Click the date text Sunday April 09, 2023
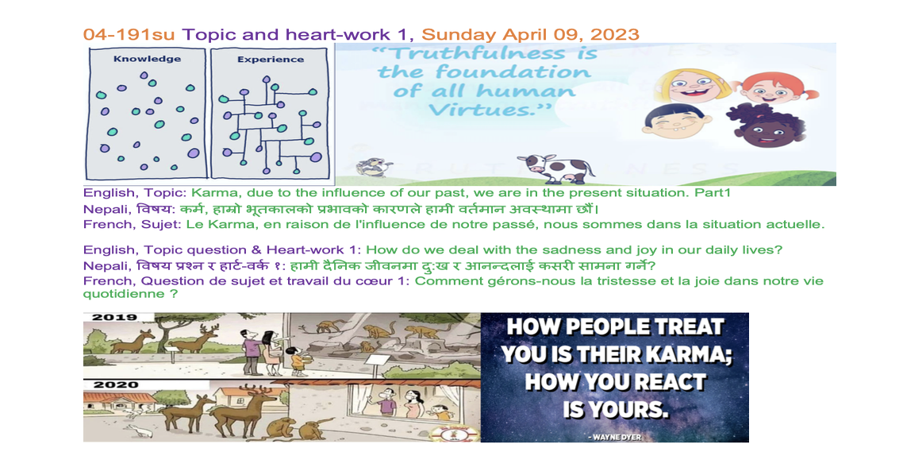coord(530,34)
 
